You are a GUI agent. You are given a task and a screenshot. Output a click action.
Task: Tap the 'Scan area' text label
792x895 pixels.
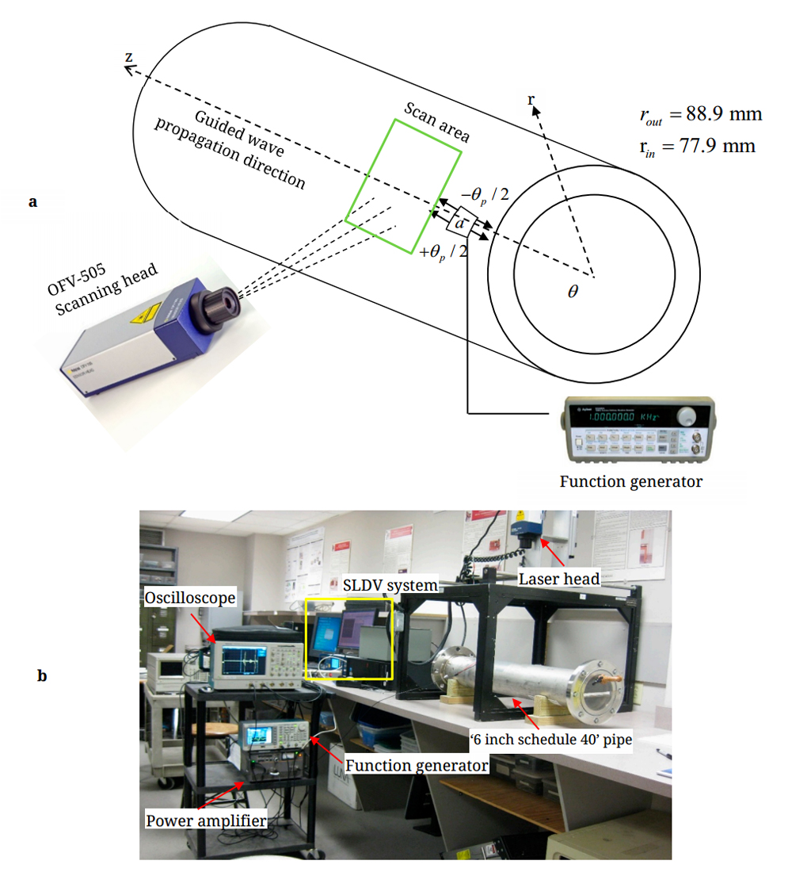pos(437,122)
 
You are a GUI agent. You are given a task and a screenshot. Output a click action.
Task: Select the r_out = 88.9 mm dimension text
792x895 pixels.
pos(700,114)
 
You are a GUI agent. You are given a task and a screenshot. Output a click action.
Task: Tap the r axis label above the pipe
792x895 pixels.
pos(532,99)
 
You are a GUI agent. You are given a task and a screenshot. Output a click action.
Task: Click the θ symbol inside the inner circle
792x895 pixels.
pos(573,291)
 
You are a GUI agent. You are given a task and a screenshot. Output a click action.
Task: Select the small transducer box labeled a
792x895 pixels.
pos(459,223)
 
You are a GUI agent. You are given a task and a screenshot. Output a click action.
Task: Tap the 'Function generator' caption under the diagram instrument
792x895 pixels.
pos(630,481)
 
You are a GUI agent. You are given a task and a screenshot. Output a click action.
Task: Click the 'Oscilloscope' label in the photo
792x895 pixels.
pos(190,598)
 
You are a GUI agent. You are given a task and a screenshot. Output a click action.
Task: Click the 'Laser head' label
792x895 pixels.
pos(559,579)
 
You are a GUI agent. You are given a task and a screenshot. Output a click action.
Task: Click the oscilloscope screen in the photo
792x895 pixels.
pos(246,660)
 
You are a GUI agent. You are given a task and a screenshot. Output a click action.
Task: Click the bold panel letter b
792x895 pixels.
pos(42,676)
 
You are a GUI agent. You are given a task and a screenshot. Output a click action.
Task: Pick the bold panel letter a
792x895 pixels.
pos(32,201)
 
